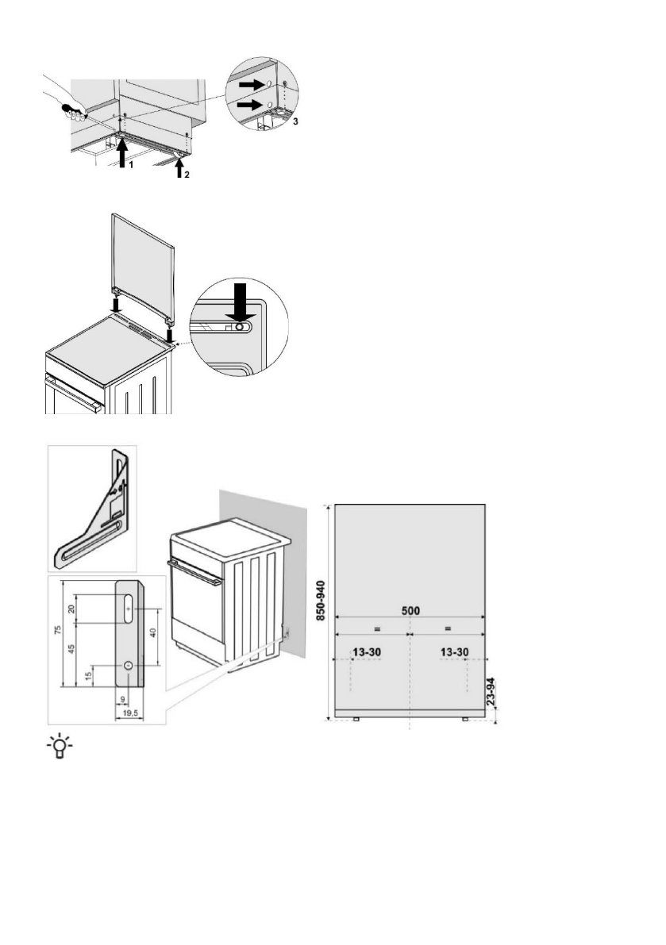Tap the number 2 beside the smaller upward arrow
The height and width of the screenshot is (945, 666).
pos(187,175)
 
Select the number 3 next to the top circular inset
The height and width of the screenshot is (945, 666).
pos(295,123)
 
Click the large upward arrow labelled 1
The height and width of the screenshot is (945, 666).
pos(121,152)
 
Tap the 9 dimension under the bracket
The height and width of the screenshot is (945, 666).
pos(121,699)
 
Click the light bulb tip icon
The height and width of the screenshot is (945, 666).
pos(58,747)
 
